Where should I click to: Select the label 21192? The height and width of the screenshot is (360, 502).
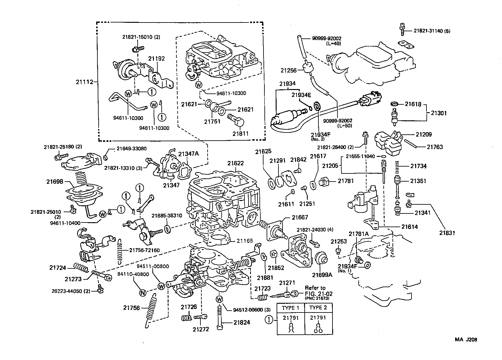point(156,58)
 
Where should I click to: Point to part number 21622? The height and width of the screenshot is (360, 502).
point(235,163)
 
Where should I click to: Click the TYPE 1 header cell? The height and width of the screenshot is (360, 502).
point(291,307)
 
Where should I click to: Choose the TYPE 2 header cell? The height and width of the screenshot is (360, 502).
point(318,307)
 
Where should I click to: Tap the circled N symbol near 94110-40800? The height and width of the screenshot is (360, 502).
point(142,292)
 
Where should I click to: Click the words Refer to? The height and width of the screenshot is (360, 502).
point(315,287)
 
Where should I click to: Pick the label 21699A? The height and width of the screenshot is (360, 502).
point(322,275)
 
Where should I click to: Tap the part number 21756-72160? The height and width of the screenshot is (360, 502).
point(144,250)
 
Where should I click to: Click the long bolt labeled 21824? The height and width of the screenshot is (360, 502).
point(219,317)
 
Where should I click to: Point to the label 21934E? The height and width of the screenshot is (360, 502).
point(301,95)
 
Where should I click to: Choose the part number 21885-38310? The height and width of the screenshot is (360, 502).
point(167,216)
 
